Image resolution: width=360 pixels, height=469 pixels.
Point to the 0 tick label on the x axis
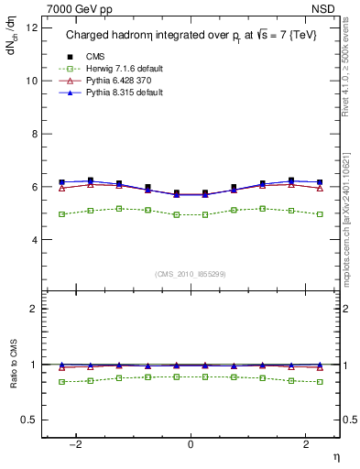pos(191,444)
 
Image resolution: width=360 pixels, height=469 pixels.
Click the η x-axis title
pos(335,455)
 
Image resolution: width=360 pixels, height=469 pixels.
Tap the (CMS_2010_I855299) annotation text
pos(191,274)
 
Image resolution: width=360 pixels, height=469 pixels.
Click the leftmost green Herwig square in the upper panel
pos(62,214)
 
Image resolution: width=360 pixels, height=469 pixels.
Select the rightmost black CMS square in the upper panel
pos(319,182)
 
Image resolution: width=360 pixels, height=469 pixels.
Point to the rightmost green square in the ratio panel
pos(319,382)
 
